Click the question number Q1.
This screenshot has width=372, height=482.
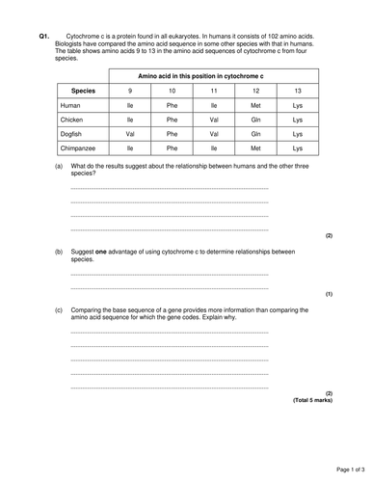(43, 36)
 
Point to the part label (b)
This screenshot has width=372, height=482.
(59, 252)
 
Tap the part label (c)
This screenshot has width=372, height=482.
(59, 310)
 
